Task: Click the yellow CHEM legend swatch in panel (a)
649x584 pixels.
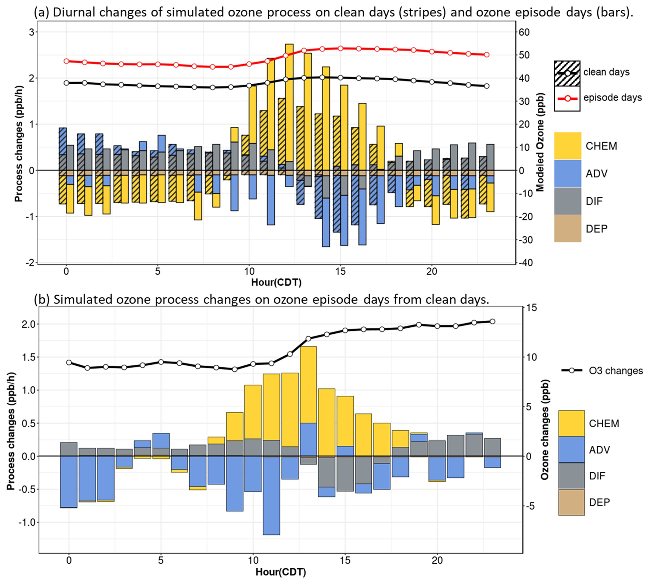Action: [567, 146]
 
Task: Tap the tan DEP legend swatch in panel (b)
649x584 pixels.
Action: [571, 502]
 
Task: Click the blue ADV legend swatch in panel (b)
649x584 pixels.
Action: [571, 449]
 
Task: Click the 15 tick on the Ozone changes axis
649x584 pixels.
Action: [531, 308]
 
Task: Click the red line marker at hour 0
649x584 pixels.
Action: [66, 61]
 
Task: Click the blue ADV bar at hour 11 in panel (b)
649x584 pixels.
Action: [271, 496]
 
